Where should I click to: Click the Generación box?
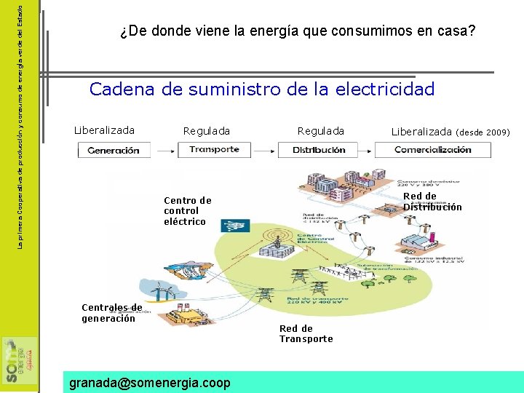tap(114, 150)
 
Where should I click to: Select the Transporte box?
tap(214, 149)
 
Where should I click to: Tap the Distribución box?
tap(319, 150)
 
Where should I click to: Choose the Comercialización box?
tap(432, 150)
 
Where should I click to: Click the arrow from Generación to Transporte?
tap(164, 150)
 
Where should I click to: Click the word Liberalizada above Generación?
tap(104, 130)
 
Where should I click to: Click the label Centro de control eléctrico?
tap(187, 210)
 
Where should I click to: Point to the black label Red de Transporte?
tap(306, 333)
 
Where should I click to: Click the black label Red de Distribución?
tap(432, 202)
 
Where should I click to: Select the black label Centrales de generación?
tap(111, 313)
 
